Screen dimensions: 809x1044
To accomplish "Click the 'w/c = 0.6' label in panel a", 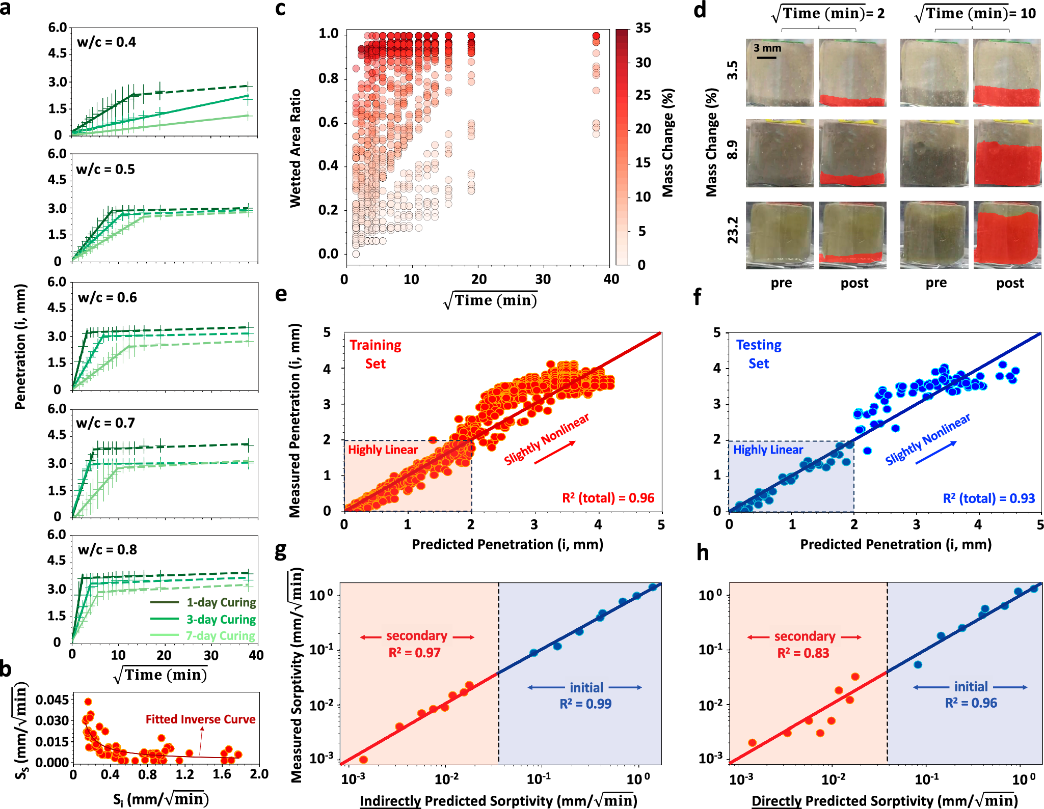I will click(x=108, y=298).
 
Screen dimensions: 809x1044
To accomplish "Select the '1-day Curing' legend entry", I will click(x=221, y=603).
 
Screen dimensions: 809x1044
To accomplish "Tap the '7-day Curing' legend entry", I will click(x=220, y=636).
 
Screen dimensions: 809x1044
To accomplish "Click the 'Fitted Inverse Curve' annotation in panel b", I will click(x=200, y=719).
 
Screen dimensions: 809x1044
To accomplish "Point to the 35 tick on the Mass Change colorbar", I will click(x=643, y=29).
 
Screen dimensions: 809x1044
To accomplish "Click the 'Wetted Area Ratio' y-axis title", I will click(x=296, y=148).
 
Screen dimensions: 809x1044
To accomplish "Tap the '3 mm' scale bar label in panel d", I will click(x=767, y=48).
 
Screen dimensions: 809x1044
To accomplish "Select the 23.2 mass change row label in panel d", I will click(x=732, y=230).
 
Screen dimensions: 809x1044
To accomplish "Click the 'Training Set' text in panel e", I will click(x=376, y=354).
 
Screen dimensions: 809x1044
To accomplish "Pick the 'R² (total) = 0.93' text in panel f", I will click(x=988, y=498).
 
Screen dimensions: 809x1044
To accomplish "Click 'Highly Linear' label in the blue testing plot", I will click(x=768, y=450).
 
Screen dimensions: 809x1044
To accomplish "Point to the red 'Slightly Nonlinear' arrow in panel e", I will click(x=555, y=453).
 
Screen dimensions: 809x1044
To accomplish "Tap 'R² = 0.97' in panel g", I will click(x=414, y=653).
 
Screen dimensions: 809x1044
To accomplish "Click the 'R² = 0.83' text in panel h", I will click(x=803, y=653).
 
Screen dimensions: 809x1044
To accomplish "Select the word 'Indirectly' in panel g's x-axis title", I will click(x=390, y=801).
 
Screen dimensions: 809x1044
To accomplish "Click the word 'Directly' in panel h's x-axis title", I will click(x=777, y=801).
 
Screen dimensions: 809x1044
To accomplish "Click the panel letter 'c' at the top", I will click(x=280, y=9).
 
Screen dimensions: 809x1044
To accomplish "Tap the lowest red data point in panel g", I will click(x=363, y=760).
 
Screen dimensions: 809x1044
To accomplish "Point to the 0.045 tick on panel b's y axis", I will click(x=52, y=700).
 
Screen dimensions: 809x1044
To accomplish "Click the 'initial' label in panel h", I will click(x=971, y=687).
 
